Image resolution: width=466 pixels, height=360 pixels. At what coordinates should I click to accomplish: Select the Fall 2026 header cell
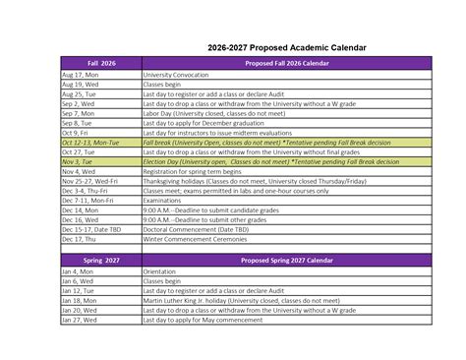tap(100, 64)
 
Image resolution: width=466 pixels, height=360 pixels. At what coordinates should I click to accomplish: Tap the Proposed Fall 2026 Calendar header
tap(286, 64)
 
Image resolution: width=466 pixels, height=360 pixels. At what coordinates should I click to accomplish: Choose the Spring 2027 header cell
tap(100, 262)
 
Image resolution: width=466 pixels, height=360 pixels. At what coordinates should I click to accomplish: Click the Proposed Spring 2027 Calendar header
tap(286, 262)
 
